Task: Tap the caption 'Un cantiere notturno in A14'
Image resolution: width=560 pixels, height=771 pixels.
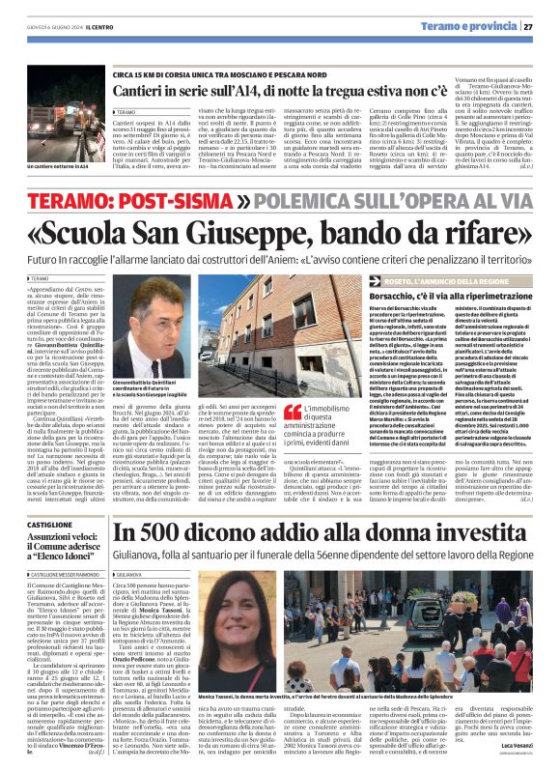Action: (x=50, y=167)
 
